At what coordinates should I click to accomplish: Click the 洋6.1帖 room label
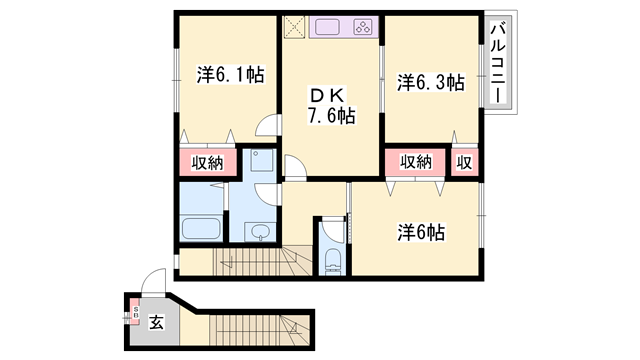(230, 74)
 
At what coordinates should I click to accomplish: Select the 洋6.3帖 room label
(430, 82)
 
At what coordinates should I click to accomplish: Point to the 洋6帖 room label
(421, 232)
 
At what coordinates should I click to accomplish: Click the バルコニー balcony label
(497, 61)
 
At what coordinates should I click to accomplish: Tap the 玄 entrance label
(157, 322)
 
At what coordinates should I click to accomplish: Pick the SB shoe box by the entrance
(136, 314)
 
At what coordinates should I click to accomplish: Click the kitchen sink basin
(329, 27)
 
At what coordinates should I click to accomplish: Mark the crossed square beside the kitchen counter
(295, 26)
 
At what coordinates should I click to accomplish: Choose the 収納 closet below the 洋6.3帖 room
(415, 162)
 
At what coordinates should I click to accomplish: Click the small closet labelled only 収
(465, 162)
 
